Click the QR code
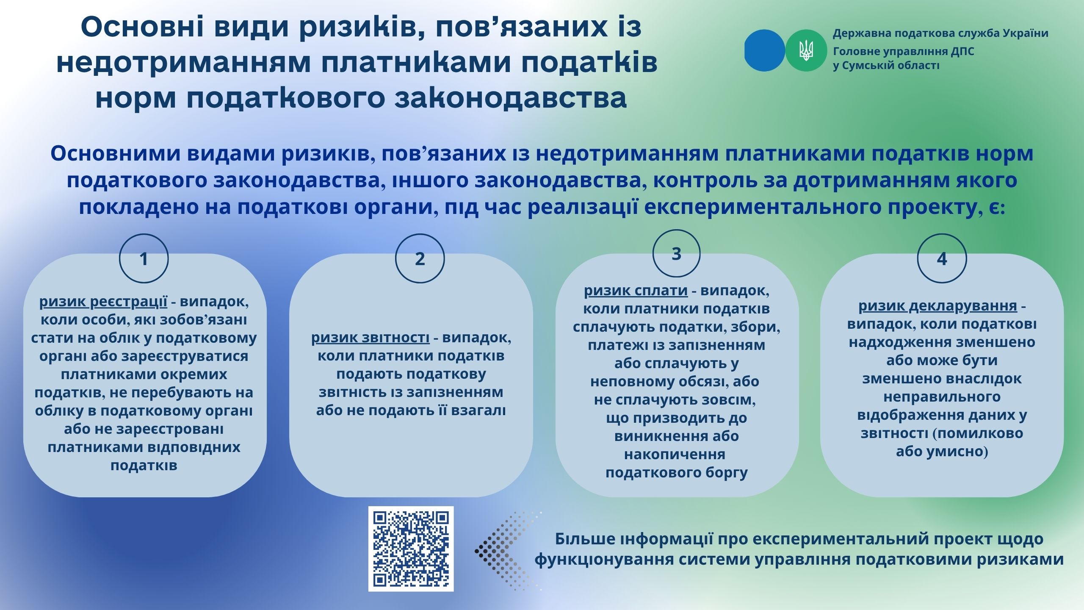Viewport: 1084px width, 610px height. click(411, 549)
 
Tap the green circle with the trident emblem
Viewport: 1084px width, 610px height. click(806, 50)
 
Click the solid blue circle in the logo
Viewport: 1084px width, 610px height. click(765, 50)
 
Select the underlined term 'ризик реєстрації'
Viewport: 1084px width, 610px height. click(103, 302)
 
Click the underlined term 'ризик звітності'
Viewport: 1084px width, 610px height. click(371, 338)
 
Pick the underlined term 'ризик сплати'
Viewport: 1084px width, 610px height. click(636, 291)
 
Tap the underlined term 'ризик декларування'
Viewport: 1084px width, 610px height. click(937, 306)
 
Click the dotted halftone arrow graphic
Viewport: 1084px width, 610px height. click(508, 551)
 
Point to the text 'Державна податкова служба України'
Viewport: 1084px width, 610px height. click(940, 33)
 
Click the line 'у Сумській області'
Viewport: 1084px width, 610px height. click(886, 66)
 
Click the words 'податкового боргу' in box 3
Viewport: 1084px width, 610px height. click(677, 472)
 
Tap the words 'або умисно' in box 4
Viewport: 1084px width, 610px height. click(942, 452)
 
